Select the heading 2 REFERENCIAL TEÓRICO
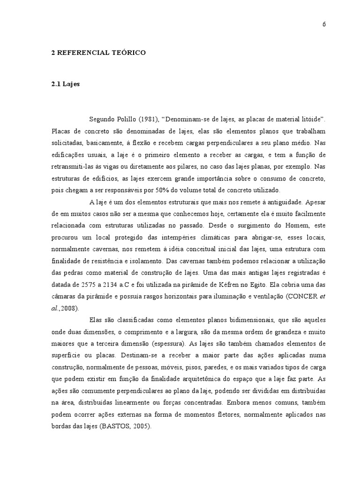pos(98,53)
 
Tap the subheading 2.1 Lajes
pos(66,84)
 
